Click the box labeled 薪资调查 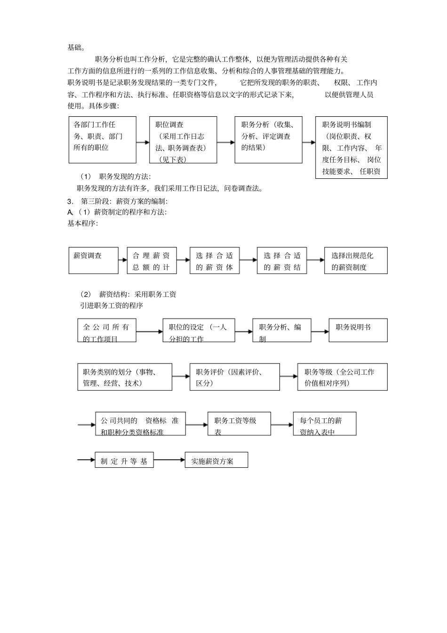coord(93,260)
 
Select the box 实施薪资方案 coord(216,460)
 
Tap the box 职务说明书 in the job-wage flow coord(358,330)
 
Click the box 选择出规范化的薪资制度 coord(356,260)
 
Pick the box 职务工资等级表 coord(239,424)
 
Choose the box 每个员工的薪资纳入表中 coord(325,424)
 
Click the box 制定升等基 coord(124,460)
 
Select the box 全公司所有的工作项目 coord(107,330)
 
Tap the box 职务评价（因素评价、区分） coord(234,377)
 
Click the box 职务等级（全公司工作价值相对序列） coord(342,377)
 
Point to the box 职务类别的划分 coord(125,377)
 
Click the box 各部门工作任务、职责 coord(103,140)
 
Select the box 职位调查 coord(183,140)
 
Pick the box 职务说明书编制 coord(351,148)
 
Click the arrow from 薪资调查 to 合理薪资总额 coord(122,260)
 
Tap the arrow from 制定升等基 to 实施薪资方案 coord(169,460)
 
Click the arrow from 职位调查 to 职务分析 coord(226,142)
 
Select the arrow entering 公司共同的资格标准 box coord(87,425)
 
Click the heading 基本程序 coord(83,224)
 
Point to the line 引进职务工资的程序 coord(112,305)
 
